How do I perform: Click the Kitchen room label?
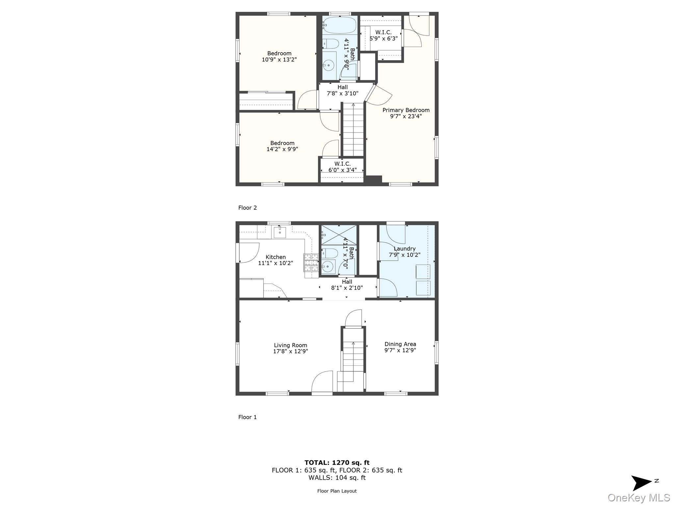click(275, 257)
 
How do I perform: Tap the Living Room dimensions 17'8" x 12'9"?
click(290, 351)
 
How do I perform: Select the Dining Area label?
click(400, 344)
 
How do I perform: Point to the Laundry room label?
click(404, 249)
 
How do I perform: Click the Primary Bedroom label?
click(406, 110)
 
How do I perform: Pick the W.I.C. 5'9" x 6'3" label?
click(383, 36)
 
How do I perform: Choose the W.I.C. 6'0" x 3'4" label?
click(342, 167)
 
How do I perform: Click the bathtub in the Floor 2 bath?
click(339, 25)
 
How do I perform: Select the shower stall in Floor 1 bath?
click(339, 235)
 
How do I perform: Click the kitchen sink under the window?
click(280, 232)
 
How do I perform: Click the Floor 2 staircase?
click(353, 130)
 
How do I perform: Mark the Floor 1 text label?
click(247, 417)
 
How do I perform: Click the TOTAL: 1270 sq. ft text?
click(337, 463)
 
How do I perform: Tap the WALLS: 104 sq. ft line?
click(337, 478)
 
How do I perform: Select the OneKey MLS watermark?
click(638, 498)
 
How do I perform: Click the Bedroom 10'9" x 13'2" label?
click(279, 57)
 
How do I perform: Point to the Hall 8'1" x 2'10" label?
click(347, 285)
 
